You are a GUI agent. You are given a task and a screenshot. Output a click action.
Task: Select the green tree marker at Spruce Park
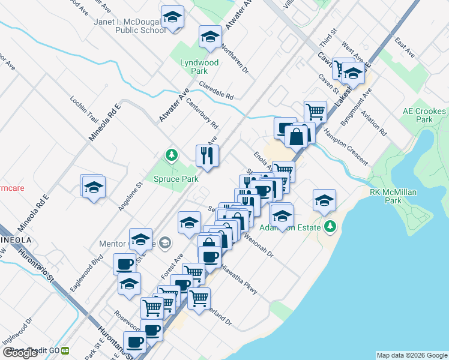click(x=172, y=155)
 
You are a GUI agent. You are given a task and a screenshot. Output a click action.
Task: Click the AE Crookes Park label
click(x=424, y=115)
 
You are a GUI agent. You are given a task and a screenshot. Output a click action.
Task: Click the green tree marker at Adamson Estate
click(x=330, y=227)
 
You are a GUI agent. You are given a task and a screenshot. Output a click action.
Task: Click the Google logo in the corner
click(x=20, y=353)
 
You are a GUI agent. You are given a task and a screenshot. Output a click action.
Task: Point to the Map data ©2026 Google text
click(x=411, y=355)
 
